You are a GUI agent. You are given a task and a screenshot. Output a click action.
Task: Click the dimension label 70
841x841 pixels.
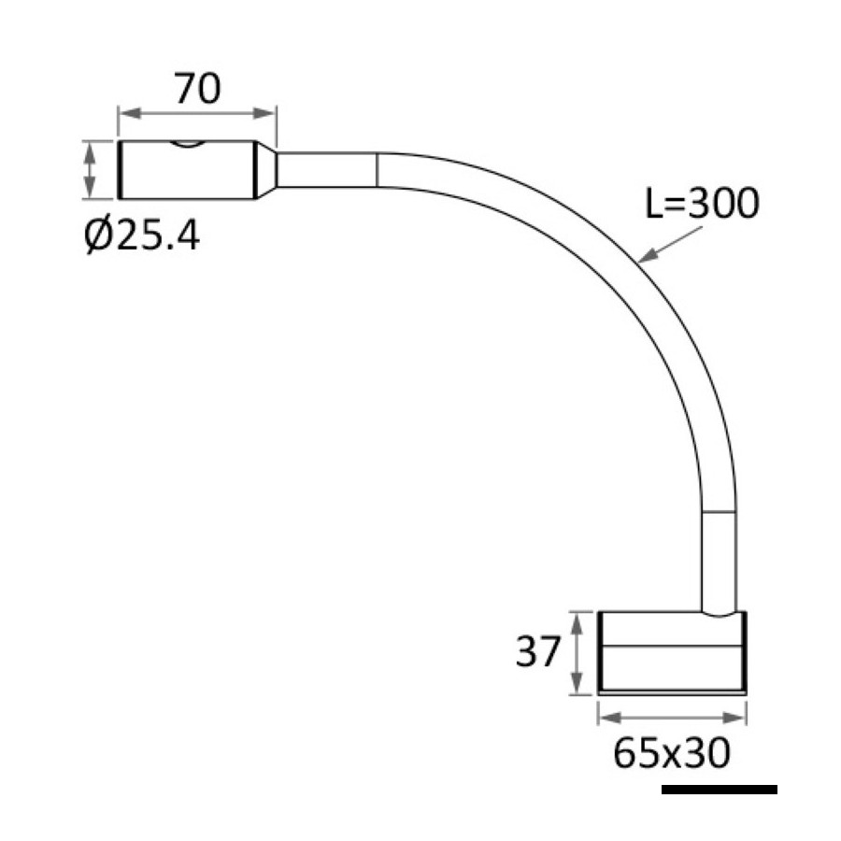point(197,89)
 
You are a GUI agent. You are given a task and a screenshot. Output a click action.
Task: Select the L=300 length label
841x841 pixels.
point(702,204)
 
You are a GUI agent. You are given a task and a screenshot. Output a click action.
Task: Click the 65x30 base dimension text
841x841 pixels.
point(672,752)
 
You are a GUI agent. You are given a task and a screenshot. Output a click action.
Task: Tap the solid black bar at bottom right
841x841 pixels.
point(720,789)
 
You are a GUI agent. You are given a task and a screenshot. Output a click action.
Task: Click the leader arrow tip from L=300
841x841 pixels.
point(640,262)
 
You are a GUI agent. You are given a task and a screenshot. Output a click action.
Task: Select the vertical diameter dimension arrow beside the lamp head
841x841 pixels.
point(90,170)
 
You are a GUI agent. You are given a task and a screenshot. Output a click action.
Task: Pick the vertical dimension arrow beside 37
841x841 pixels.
point(577,653)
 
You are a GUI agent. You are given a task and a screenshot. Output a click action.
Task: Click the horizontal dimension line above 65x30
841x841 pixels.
point(672,718)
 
